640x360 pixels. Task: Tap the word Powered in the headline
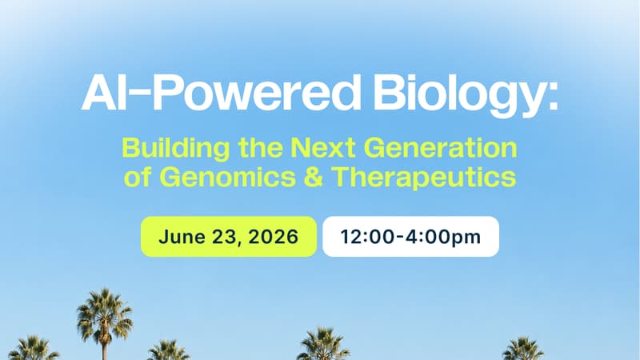click(256, 93)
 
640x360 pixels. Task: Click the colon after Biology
click(553, 98)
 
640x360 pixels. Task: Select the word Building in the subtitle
click(176, 149)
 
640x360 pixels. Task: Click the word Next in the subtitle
click(323, 148)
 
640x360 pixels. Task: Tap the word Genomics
click(227, 177)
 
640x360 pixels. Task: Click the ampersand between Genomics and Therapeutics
click(314, 177)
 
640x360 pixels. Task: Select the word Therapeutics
click(424, 178)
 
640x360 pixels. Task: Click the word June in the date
click(182, 237)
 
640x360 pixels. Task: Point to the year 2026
click(274, 237)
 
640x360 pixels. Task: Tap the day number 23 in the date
click(226, 237)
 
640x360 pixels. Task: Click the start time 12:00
click(368, 237)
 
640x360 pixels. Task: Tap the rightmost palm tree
click(523, 349)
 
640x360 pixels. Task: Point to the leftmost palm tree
click(34, 348)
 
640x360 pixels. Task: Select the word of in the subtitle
click(138, 177)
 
